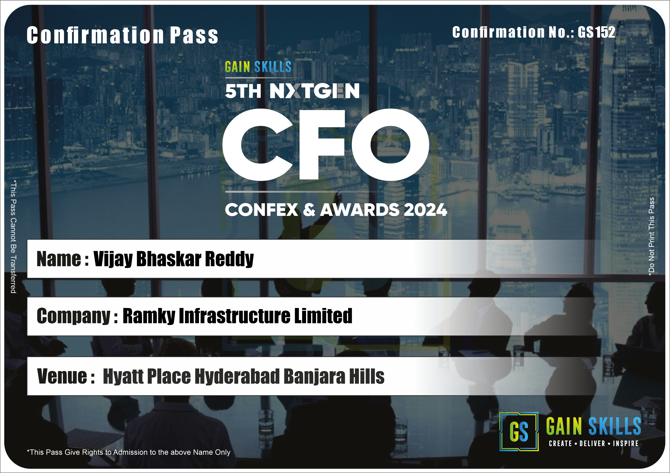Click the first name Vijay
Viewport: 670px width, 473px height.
coord(113,259)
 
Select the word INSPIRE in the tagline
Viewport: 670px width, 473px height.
coord(626,443)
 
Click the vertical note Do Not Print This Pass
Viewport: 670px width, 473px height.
coord(651,237)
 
